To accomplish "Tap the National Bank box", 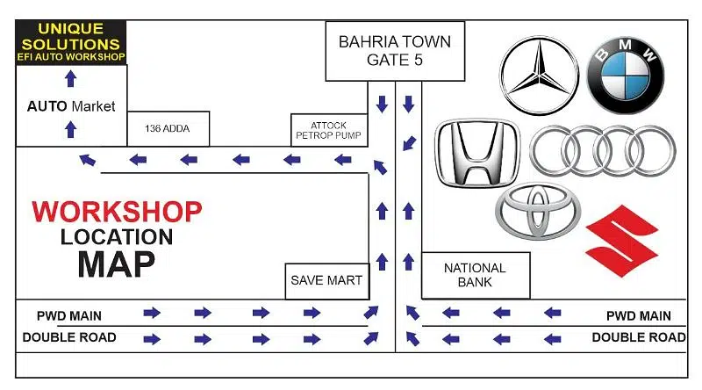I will point(476,275).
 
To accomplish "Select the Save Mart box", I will point(326,281).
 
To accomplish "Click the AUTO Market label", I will point(71,106).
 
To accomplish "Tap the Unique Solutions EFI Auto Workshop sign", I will point(71,42).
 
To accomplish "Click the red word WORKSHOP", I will point(117,212).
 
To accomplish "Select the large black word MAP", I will point(117,263).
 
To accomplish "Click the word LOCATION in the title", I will point(117,236).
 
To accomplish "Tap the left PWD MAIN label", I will point(69,315).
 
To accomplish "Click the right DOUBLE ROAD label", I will point(639,337).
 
